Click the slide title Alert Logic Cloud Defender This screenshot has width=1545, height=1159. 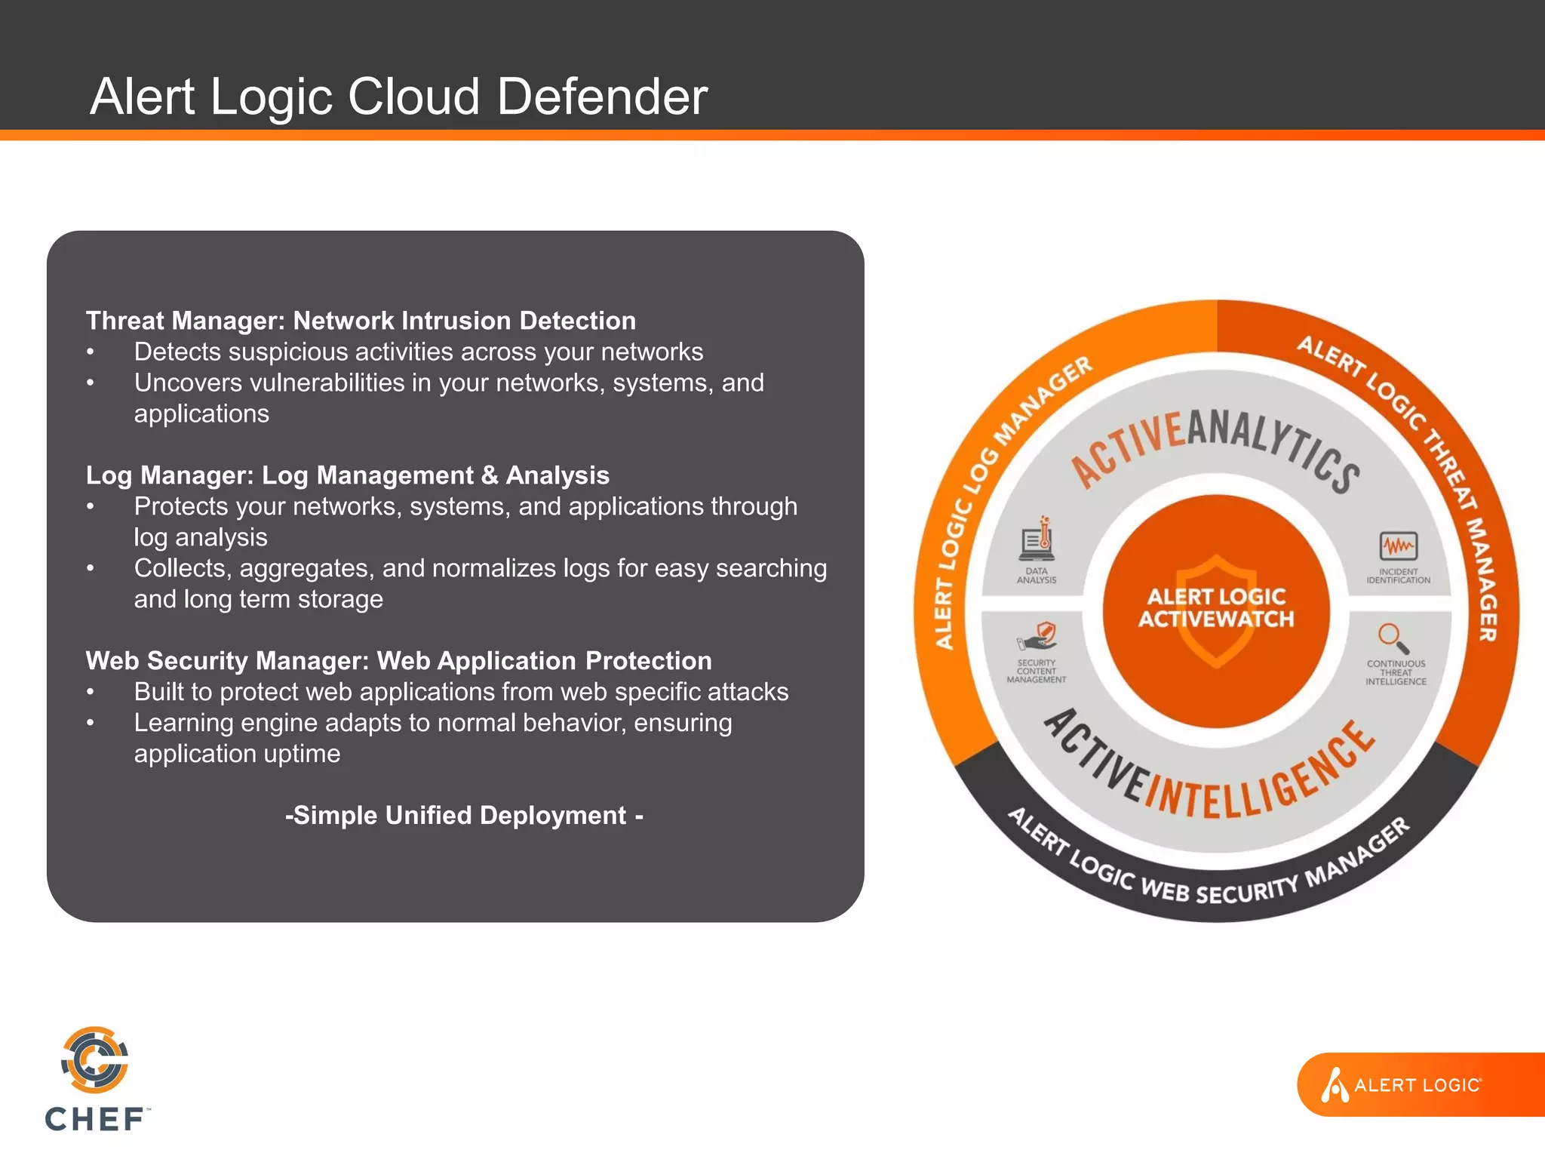click(398, 97)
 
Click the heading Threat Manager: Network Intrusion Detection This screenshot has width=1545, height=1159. click(361, 321)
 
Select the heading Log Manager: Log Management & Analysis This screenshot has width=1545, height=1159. click(347, 475)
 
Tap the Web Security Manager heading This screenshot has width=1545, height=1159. click(398, 661)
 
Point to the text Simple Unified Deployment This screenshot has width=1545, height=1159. click(464, 816)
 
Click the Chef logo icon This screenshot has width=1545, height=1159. click(95, 1060)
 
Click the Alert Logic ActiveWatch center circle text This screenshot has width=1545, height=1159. click(1216, 608)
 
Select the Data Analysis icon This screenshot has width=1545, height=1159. click(1038, 540)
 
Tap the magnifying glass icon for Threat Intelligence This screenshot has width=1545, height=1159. click(1394, 638)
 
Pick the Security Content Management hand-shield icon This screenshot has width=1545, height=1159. click(1038, 636)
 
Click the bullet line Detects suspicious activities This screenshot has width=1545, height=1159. click(418, 352)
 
